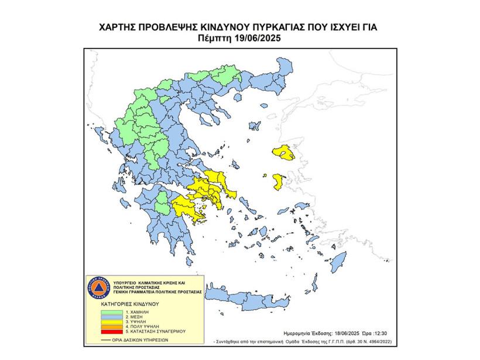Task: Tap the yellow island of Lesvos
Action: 284,153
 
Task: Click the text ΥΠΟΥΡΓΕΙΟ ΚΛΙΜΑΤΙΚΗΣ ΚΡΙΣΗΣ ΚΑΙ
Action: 149,283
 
